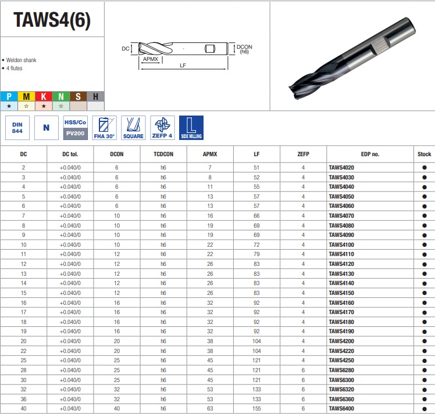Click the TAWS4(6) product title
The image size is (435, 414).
tap(52, 20)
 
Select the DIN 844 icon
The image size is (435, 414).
tap(17, 128)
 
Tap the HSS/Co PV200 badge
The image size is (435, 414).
tap(75, 128)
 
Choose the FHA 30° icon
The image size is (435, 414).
tap(104, 128)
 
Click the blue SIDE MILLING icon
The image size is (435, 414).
tap(191, 128)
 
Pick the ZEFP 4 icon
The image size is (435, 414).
tap(162, 128)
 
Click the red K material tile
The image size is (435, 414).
tap(44, 96)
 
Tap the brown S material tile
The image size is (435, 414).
tap(79, 96)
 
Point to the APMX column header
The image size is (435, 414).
tap(210, 154)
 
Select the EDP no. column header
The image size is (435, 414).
tap(370, 154)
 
